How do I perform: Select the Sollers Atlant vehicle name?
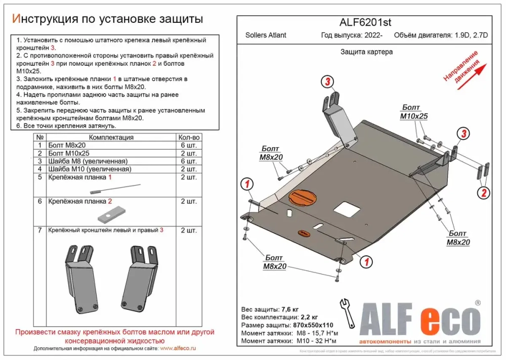(x=266, y=35)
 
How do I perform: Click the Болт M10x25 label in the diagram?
(x=414, y=112)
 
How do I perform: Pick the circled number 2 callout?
(x=484, y=192)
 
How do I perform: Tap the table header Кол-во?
(x=189, y=137)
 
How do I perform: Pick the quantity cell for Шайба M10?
(x=189, y=169)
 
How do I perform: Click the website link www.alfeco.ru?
(x=178, y=348)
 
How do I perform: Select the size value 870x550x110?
(x=314, y=325)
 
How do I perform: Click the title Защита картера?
(x=366, y=52)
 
